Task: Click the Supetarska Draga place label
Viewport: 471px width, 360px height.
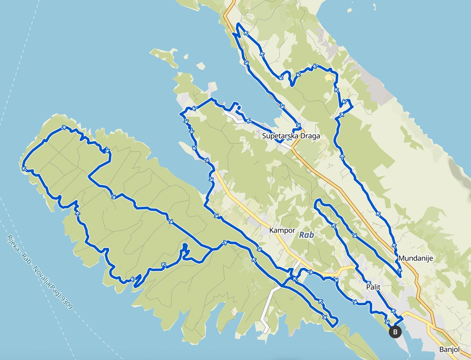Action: [x=291, y=136]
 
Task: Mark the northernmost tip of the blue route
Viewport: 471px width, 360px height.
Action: [x=238, y=24]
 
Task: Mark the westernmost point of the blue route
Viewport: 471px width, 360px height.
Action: [x=22, y=165]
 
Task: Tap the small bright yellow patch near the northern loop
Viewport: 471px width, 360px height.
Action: [x=328, y=78]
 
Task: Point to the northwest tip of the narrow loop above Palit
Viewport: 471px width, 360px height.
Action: [x=318, y=201]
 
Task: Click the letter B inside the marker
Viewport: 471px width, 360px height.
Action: [x=395, y=332]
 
